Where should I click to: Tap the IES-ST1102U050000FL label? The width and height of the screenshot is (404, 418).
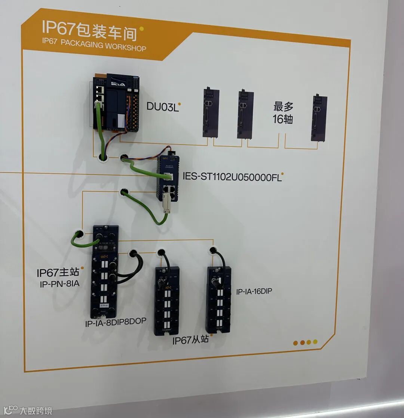232,176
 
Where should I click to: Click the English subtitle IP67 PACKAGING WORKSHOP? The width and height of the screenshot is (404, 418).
94,45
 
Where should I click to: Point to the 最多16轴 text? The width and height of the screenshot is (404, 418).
283,113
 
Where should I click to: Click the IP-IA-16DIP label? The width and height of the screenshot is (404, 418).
254,291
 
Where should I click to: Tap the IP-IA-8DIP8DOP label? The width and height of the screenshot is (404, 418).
115,322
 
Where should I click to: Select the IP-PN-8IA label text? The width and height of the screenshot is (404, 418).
59,284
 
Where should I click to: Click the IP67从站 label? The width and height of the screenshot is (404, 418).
191,340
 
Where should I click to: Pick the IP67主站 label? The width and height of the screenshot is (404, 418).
58,272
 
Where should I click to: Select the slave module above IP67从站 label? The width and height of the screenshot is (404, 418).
166,301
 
